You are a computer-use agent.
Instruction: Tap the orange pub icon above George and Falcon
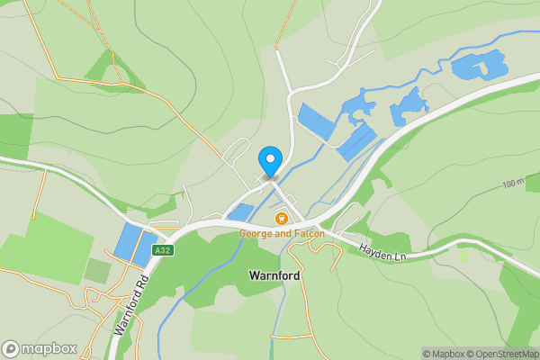coord(281,217)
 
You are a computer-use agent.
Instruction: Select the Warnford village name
coord(274,277)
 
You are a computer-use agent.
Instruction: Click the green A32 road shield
coord(162,250)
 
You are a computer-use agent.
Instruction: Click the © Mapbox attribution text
coord(444,354)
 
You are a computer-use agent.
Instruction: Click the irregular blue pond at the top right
coord(477,66)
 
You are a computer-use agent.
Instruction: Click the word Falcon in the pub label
coord(304,234)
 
